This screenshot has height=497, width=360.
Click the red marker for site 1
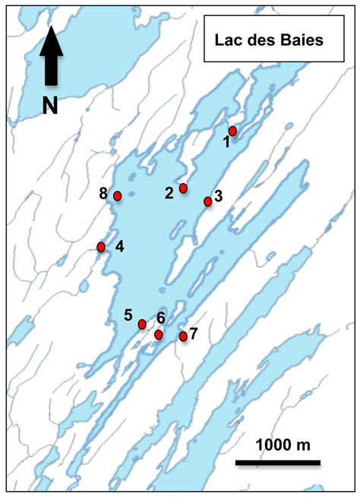click(x=232, y=131)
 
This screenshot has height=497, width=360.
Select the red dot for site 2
click(x=183, y=188)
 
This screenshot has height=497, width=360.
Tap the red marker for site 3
click(x=207, y=201)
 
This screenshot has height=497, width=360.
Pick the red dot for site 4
click(x=101, y=247)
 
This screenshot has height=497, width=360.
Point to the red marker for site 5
click(x=142, y=324)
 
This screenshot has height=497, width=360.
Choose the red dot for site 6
click(x=158, y=334)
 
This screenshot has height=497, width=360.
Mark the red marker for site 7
click(x=183, y=336)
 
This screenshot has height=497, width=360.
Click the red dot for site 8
click(x=118, y=196)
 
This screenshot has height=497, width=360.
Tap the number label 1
click(x=226, y=141)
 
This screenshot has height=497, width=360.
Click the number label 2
click(x=169, y=192)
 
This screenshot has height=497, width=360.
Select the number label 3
click(x=218, y=196)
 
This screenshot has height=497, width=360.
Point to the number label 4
click(x=119, y=246)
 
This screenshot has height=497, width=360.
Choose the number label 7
click(x=193, y=333)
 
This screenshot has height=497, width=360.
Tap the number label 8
click(x=103, y=194)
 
